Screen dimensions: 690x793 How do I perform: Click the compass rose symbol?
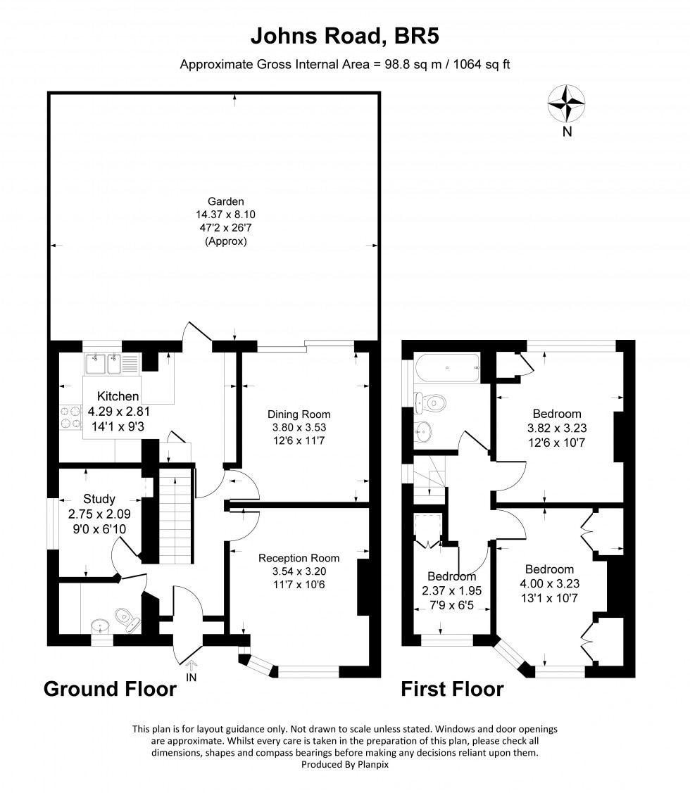(567, 103)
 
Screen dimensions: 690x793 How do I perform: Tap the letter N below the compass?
(567, 132)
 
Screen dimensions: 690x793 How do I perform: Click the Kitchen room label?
(118, 397)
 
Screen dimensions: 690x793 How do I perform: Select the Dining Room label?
(299, 414)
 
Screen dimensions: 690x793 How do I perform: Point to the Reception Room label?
(299, 558)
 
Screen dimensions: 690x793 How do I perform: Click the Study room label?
(99, 499)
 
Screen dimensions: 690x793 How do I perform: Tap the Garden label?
(226, 201)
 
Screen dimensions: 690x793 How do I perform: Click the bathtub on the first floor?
(447, 368)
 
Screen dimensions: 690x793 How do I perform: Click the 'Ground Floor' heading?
(111, 689)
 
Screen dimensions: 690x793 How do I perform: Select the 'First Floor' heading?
(453, 689)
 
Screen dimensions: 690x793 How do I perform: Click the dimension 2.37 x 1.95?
(451, 591)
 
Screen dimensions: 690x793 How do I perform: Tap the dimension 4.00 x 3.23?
(550, 583)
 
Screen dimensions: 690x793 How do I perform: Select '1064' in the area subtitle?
(467, 65)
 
